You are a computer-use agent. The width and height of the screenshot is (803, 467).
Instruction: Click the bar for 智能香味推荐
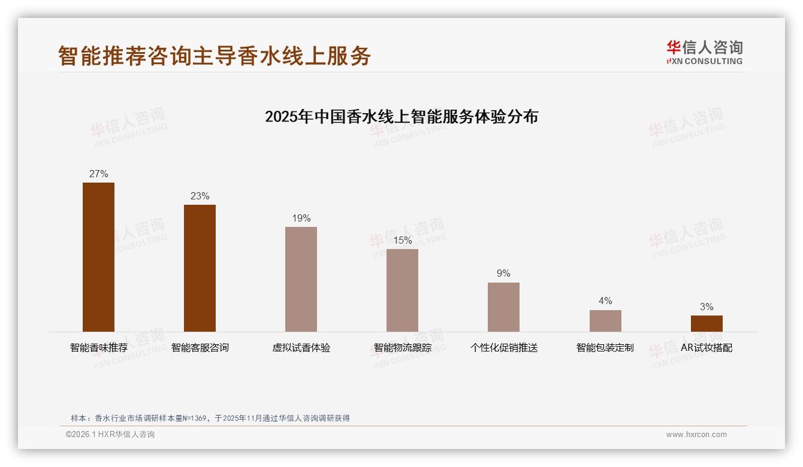pyautogui.click(x=98, y=257)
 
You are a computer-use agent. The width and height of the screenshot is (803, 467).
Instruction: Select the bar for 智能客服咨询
pyautogui.click(x=200, y=268)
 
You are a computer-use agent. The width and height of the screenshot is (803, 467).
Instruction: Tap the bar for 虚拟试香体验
pyautogui.click(x=301, y=279)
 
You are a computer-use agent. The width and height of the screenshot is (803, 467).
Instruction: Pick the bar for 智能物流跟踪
pyautogui.click(x=402, y=290)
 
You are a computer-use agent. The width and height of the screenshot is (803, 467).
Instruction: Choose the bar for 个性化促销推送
pyautogui.click(x=503, y=307)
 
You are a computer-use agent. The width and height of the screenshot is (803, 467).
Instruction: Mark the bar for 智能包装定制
pyautogui.click(x=605, y=321)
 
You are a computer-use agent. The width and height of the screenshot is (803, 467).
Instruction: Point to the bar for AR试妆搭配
pyautogui.click(x=707, y=323)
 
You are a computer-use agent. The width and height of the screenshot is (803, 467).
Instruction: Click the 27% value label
pyautogui.click(x=98, y=174)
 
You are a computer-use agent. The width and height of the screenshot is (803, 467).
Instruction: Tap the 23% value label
pyautogui.click(x=200, y=196)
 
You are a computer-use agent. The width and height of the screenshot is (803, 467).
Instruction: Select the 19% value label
pyautogui.click(x=301, y=219)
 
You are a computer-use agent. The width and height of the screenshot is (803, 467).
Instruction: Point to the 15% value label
pyautogui.click(x=402, y=241)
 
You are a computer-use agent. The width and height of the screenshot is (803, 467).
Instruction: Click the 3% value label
pyautogui.click(x=707, y=307)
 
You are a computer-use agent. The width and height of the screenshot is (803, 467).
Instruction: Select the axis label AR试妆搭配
pyautogui.click(x=707, y=348)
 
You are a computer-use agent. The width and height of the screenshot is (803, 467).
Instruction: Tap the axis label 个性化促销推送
pyautogui.click(x=503, y=348)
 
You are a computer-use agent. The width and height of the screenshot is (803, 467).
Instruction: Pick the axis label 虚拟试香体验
pyautogui.click(x=301, y=348)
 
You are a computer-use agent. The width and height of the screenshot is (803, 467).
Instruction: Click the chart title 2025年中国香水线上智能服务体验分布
pyautogui.click(x=402, y=116)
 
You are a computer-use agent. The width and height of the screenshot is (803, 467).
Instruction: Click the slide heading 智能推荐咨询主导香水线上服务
pyautogui.click(x=215, y=56)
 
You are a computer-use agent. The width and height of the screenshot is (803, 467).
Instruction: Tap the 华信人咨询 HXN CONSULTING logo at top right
pyautogui.click(x=704, y=53)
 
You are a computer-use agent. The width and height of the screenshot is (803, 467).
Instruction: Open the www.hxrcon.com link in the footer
pyautogui.click(x=696, y=435)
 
